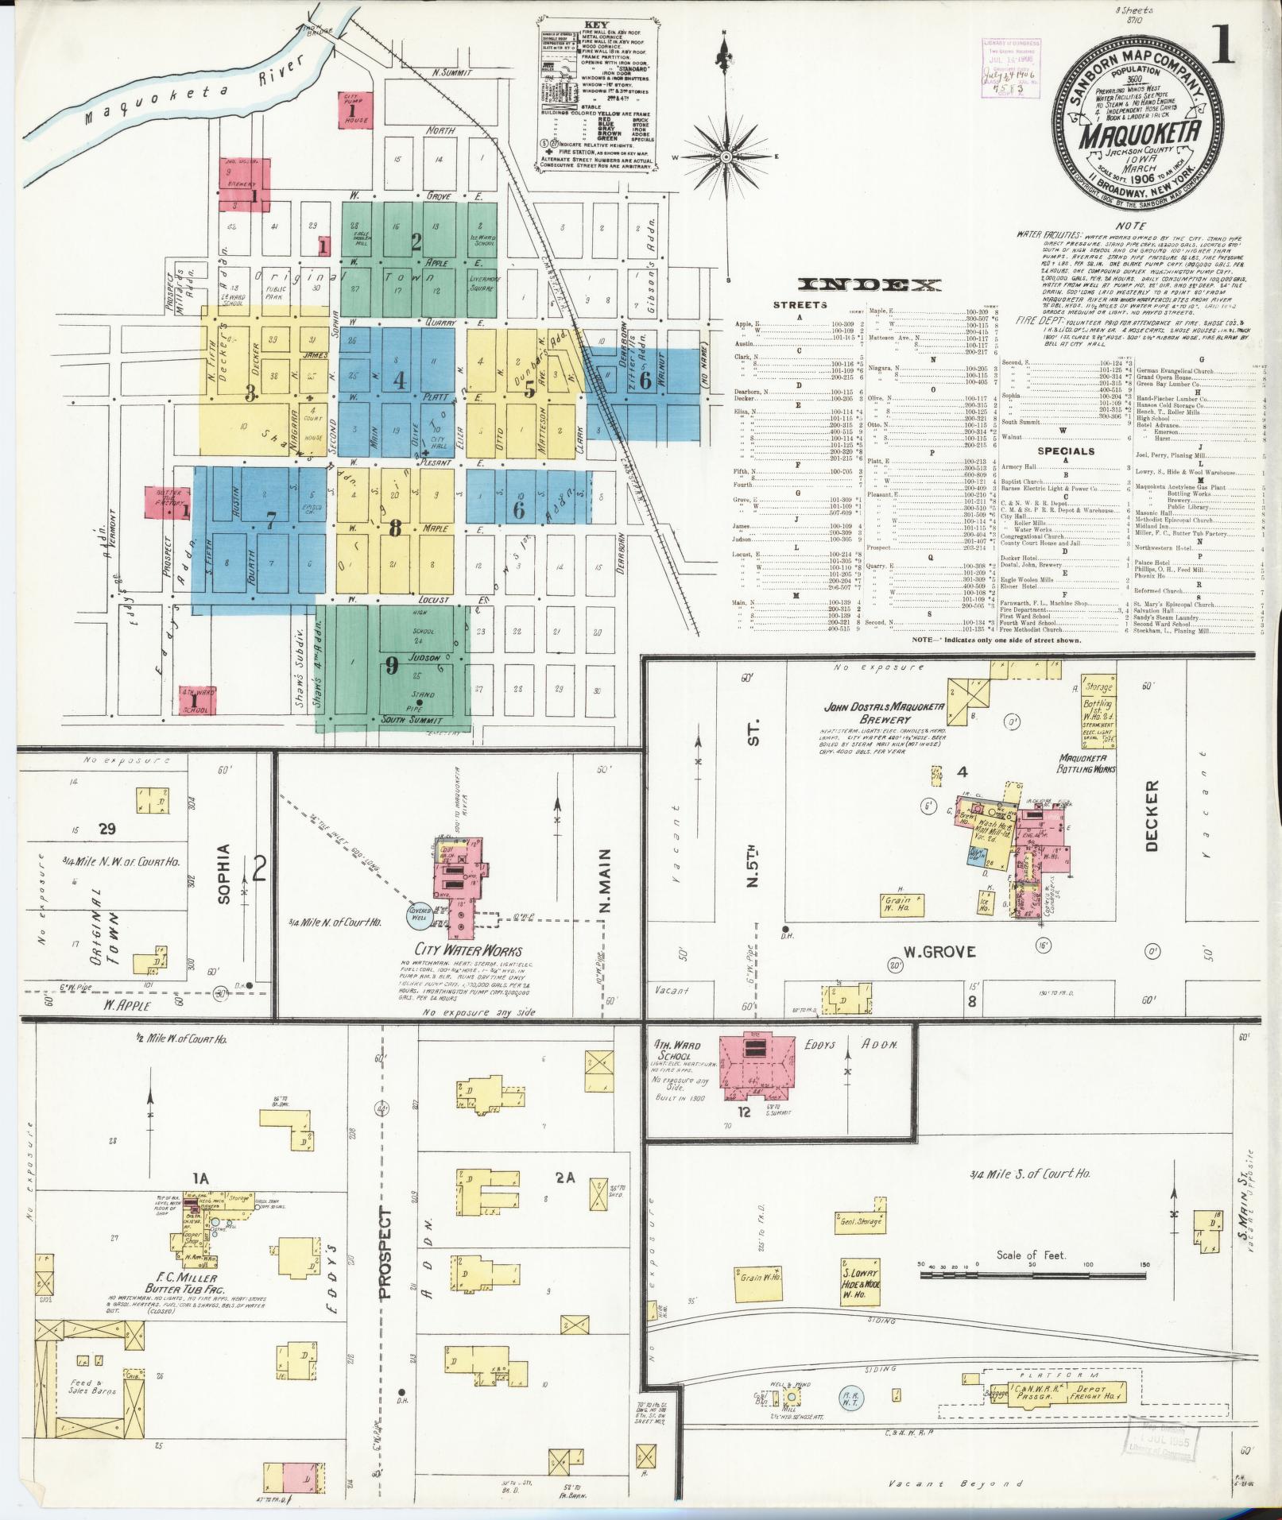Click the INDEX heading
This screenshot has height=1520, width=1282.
871,285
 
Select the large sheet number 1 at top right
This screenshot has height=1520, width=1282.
1223,45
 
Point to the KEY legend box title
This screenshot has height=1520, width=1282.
595,25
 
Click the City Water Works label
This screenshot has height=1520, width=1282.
467,950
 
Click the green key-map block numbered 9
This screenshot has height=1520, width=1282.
392,666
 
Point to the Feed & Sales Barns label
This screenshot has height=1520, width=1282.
94,1387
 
